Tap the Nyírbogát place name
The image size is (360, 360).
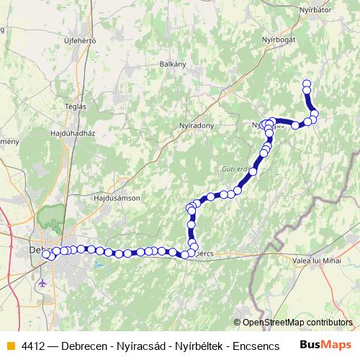click(279, 39)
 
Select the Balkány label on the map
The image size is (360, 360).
click(173, 63)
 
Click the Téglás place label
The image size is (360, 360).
click(75, 106)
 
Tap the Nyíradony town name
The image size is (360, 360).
click(197, 125)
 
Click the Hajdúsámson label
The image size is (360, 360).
click(117, 197)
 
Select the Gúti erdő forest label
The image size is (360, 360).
click(230, 170)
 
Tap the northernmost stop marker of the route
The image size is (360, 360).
click(307, 83)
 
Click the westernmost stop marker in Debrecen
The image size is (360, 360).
click(47, 254)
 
